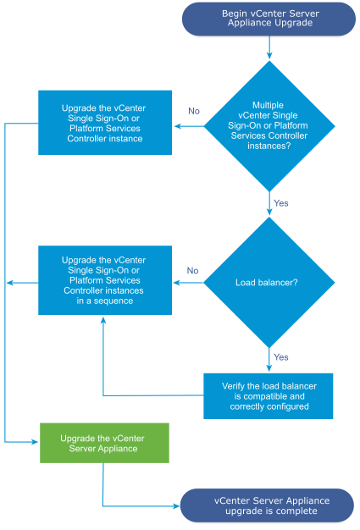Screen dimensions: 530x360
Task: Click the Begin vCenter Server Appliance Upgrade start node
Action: point(269,19)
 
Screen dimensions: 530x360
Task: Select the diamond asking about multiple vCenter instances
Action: point(269,127)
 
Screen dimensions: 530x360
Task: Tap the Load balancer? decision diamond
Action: point(269,283)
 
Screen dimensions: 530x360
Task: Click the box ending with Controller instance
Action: point(104,123)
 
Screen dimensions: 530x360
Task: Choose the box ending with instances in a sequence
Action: point(104,280)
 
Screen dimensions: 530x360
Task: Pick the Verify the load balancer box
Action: point(269,395)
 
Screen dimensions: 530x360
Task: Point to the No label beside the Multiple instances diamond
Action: point(193,112)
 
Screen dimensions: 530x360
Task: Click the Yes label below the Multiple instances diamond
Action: point(280,203)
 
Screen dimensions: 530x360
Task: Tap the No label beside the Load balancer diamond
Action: point(192,271)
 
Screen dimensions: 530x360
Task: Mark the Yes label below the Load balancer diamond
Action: point(280,356)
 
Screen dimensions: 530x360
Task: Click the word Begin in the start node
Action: point(236,14)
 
